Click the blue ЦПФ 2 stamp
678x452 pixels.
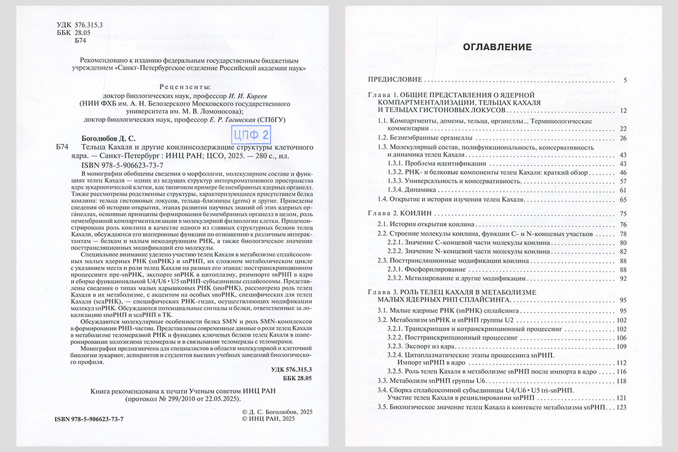coord(250,135)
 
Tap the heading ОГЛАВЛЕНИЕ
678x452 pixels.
coord(497,47)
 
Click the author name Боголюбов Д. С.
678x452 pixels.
coord(107,137)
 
